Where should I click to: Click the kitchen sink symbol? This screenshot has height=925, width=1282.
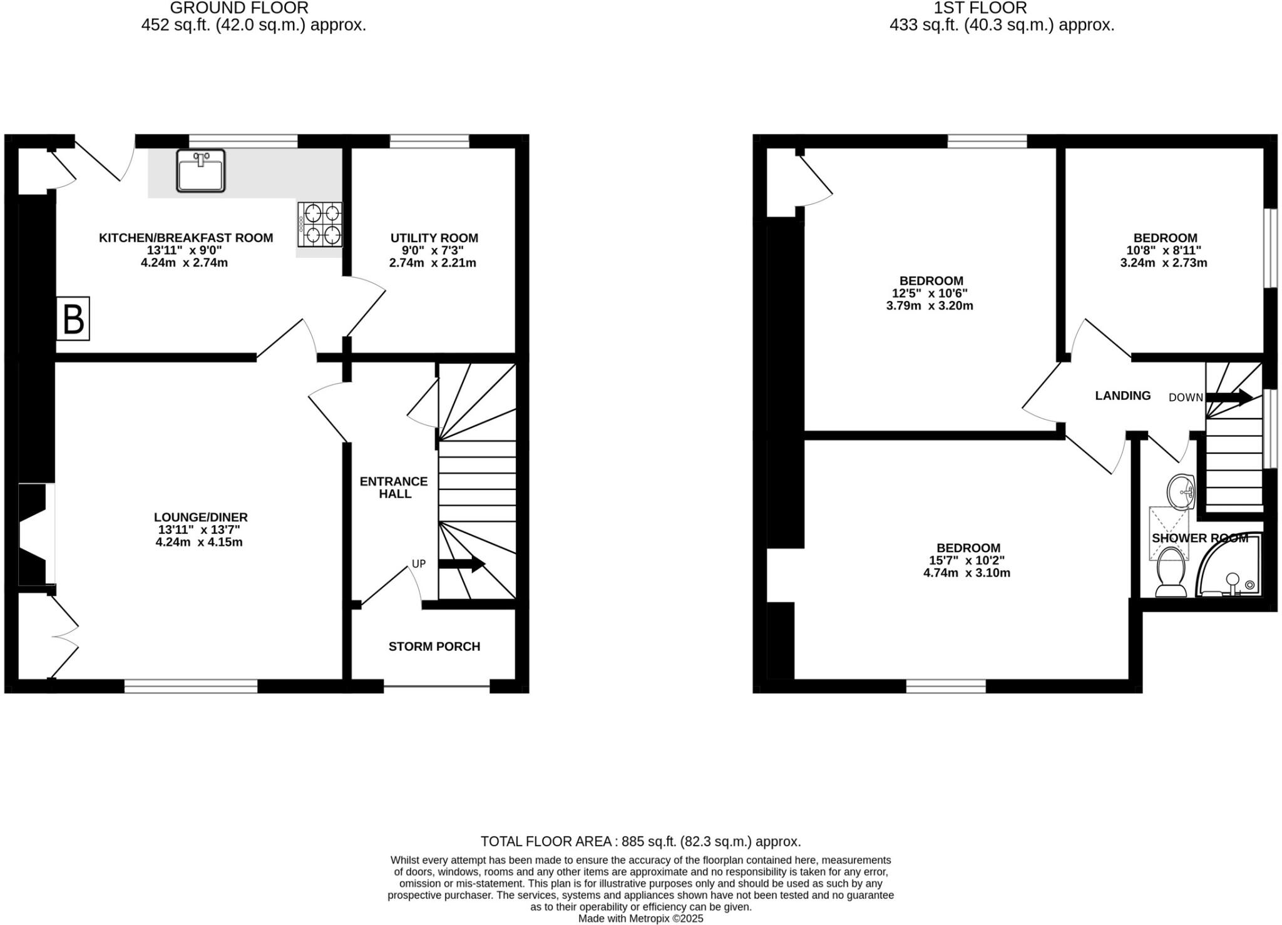[x=200, y=170]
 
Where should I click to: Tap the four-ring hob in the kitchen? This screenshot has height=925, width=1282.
[x=320, y=224]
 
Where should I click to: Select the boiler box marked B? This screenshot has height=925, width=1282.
[x=73, y=319]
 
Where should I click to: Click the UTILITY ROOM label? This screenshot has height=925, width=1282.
[x=434, y=238]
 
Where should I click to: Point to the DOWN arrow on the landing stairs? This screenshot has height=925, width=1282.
[x=1229, y=397]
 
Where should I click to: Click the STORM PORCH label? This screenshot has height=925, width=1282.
[x=434, y=646]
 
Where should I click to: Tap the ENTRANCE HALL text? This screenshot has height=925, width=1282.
[x=393, y=487]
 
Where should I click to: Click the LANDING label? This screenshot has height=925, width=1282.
[x=1122, y=396]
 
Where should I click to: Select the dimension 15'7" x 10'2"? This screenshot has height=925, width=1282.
[x=967, y=560]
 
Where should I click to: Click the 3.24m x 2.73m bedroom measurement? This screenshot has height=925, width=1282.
[x=1163, y=263]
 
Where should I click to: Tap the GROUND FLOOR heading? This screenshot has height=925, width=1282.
[x=239, y=8]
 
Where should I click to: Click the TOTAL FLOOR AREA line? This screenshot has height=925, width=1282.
[x=640, y=841]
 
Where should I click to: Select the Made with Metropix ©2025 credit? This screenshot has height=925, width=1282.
[x=640, y=919]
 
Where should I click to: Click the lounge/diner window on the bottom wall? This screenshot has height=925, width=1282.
[x=191, y=687]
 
